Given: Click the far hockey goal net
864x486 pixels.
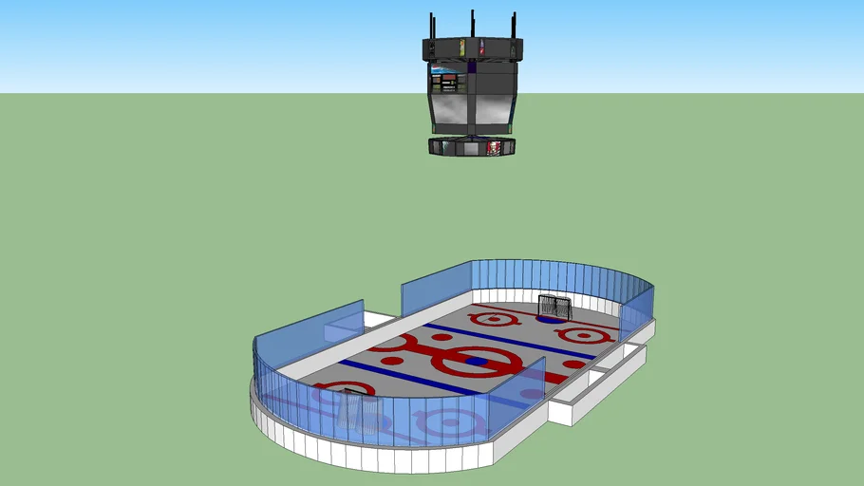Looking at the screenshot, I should click(x=554, y=308).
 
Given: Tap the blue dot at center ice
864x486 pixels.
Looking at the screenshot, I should click(x=478, y=361).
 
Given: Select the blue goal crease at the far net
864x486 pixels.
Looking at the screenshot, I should click(x=548, y=319).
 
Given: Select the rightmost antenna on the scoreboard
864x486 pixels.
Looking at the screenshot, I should click(x=514, y=26).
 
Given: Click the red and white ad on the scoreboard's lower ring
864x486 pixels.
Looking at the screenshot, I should click(x=493, y=147).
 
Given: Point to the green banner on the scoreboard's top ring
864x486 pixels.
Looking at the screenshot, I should click(x=462, y=47).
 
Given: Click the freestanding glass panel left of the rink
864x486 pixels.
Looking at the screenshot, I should click(x=343, y=323).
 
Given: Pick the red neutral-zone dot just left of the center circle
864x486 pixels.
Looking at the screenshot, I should click(x=441, y=337).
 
